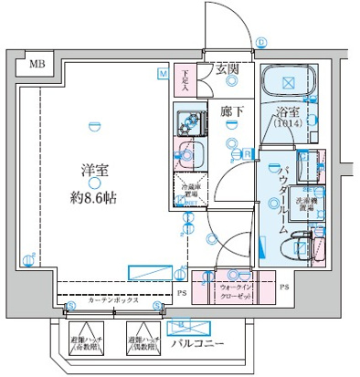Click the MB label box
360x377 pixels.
35,64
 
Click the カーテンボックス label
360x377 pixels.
113,299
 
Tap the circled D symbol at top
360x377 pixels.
260,42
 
